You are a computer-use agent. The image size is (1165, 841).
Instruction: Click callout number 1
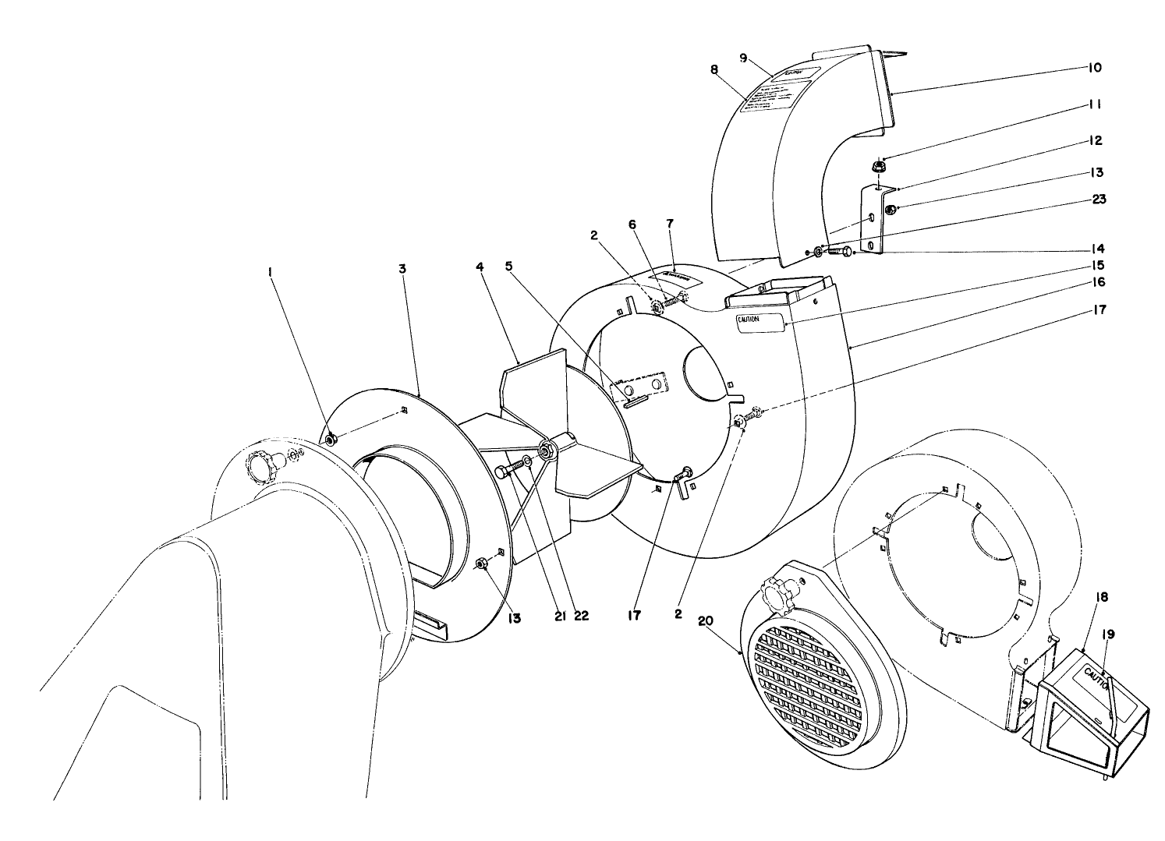coord(270,273)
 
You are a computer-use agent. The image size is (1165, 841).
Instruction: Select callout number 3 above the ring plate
coord(402,269)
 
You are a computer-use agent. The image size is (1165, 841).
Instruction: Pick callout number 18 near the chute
coord(1082,597)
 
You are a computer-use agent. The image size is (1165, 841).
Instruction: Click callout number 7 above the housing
coord(669,224)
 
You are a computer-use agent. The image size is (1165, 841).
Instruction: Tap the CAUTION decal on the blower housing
coord(760,320)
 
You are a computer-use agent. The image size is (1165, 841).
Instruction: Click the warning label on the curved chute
coord(774,93)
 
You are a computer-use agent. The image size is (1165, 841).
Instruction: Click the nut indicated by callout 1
coord(330,441)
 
